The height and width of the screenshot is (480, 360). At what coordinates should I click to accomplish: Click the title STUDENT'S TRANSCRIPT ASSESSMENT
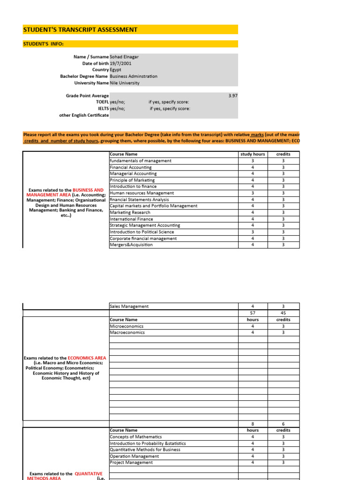pyautogui.click(x=81, y=30)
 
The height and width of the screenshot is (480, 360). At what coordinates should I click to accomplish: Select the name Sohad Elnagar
pyautogui.click(x=124, y=57)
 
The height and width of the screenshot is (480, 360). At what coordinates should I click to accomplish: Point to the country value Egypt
pyautogui.click(x=115, y=70)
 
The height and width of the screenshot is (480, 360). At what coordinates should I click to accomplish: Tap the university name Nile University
pyautogui.click(x=125, y=83)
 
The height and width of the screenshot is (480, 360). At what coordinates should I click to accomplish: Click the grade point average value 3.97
pyautogui.click(x=233, y=96)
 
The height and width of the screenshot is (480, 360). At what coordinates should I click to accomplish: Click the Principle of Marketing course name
pyautogui.click(x=132, y=180)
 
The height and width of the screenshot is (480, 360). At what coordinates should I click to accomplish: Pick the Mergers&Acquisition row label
pyautogui.click(x=131, y=245)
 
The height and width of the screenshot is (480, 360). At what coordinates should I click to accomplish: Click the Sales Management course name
pyautogui.click(x=129, y=307)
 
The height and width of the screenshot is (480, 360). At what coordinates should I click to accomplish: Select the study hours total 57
pyautogui.click(x=253, y=313)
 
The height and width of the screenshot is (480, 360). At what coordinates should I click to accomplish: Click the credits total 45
pyautogui.click(x=283, y=313)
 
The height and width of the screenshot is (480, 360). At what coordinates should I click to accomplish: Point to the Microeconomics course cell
pyautogui.click(x=127, y=326)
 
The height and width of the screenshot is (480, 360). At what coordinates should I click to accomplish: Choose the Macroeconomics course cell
pyautogui.click(x=127, y=333)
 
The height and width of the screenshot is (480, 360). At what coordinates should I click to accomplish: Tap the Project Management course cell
pyautogui.click(x=131, y=463)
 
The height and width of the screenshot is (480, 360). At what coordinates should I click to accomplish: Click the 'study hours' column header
pyautogui.click(x=253, y=154)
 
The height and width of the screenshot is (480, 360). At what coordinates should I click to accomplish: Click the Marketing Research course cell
pyautogui.click(x=130, y=212)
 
